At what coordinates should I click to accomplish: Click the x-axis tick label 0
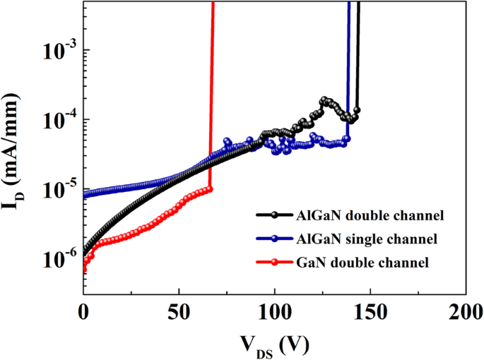click(x=83, y=311)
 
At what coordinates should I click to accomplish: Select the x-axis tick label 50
click(x=179, y=311)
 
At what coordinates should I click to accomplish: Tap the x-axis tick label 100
click(x=274, y=311)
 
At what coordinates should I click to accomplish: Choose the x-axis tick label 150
click(x=370, y=311)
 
